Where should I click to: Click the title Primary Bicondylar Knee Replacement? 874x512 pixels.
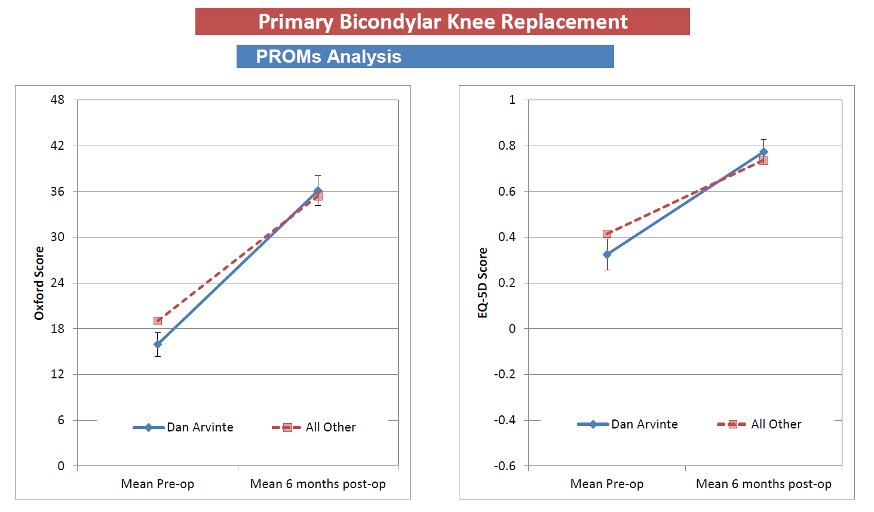[x=442, y=21]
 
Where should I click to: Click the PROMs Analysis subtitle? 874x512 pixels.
[x=329, y=56]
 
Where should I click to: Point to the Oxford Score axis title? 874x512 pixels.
[x=39, y=283]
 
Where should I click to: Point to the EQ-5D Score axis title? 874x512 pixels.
[x=483, y=283]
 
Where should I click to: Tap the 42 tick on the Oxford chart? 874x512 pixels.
[x=57, y=146]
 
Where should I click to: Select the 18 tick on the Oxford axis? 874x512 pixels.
[x=57, y=329]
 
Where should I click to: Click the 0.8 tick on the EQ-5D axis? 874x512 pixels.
[x=507, y=146]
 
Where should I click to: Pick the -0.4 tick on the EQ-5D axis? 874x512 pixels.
[x=505, y=420]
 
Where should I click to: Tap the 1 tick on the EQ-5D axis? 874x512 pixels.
[x=512, y=100]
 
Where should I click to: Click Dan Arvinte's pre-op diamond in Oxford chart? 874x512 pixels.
[x=158, y=344]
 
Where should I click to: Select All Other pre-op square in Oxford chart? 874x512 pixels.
[x=158, y=321]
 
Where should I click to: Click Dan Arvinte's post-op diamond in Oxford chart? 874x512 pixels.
[x=318, y=191]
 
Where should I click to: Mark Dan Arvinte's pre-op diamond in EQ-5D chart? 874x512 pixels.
[x=607, y=255]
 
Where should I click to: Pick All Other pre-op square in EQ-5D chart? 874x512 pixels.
[x=607, y=234]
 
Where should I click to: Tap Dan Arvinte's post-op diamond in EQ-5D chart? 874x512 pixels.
[x=763, y=152]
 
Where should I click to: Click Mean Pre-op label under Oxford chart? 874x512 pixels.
[x=158, y=484]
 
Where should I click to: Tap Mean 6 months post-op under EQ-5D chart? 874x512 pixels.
[x=763, y=484]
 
